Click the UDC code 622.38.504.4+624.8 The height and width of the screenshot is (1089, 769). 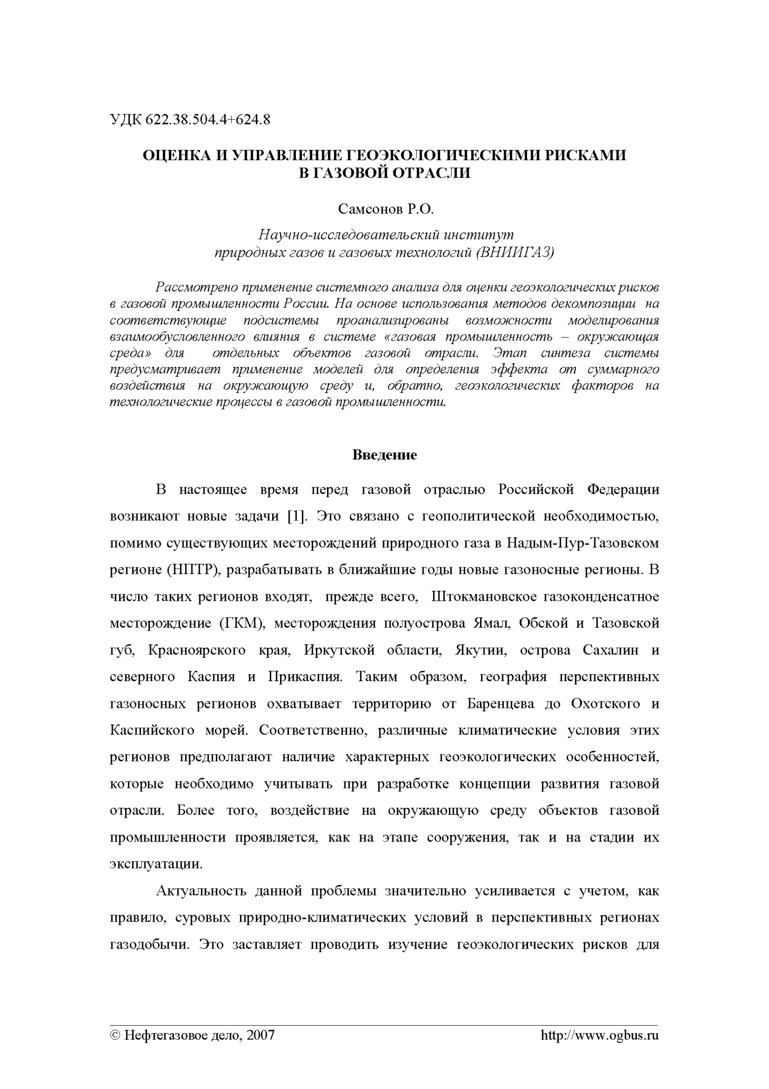click(208, 120)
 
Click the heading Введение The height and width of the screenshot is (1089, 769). click(384, 455)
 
